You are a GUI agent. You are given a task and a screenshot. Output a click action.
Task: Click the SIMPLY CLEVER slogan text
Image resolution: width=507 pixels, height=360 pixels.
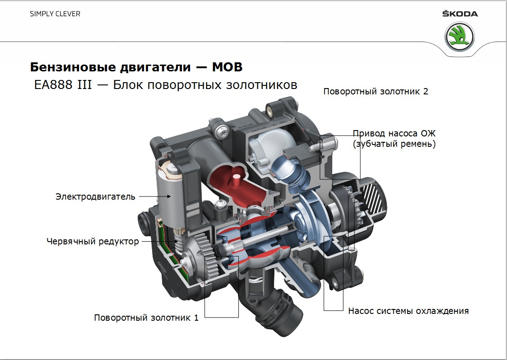(55, 14)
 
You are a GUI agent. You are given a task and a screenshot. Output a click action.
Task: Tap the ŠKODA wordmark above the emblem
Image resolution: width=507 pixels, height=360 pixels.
(460, 14)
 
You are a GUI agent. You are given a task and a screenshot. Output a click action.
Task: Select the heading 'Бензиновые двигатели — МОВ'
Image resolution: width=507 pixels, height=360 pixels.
(136, 67)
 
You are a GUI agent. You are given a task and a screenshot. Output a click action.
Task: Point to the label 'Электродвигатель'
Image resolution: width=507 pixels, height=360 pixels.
(95, 196)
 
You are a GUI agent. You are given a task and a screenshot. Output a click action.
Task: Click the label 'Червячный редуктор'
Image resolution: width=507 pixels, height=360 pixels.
(93, 241)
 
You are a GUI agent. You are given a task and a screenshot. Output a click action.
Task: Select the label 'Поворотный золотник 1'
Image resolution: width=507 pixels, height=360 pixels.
(146, 318)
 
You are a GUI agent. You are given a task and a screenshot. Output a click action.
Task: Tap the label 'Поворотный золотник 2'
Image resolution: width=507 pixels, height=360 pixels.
(376, 91)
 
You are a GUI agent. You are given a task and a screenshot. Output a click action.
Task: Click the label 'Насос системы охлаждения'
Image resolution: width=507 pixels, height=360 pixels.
(408, 311)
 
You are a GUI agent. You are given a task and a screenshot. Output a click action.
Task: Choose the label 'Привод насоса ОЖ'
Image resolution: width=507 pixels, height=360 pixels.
(394, 133)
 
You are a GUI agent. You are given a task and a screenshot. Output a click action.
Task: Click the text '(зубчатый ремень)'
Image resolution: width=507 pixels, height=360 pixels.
(394, 145)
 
